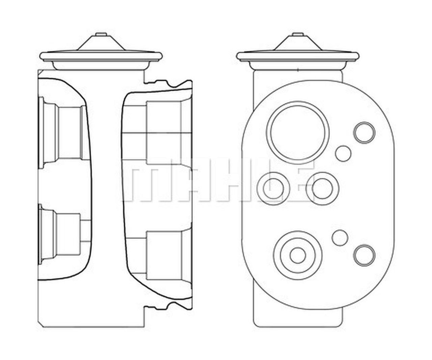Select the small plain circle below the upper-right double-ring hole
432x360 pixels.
pyautogui.click(x=343, y=153)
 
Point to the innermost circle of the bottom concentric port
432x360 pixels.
pyautogui.click(x=297, y=255)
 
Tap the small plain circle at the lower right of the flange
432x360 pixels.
pyautogui.click(x=340, y=237)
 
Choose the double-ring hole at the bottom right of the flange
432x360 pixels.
pyautogui.click(x=364, y=255)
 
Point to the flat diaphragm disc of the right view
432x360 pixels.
pyautogui.click(x=297, y=56)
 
